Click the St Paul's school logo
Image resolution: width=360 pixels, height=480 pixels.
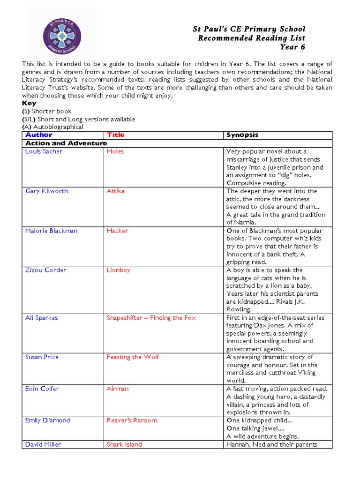[62, 36]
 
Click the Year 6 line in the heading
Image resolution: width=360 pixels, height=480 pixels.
[292, 47]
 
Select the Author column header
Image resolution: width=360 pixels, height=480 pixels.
[39, 135]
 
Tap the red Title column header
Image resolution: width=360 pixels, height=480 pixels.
[115, 135]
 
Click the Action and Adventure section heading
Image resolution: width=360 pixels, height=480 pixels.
[66, 143]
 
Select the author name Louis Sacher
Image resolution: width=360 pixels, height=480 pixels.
[44, 151]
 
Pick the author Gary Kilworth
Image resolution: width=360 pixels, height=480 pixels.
[46, 191]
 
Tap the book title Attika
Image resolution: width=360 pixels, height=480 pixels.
[115, 191]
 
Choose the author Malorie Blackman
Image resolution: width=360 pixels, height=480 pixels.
[51, 231]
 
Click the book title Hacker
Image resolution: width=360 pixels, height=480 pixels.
[117, 231]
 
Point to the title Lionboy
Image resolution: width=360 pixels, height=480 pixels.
[119, 270]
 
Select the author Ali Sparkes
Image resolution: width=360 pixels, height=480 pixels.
[41, 318]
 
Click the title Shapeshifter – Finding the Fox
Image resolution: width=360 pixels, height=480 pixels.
[151, 318]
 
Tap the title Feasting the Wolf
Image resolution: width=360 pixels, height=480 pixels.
[133, 357]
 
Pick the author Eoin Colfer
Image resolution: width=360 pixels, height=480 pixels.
[42, 389]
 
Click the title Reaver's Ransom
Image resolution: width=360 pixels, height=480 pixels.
[132, 420]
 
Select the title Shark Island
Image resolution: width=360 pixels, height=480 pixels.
[124, 444]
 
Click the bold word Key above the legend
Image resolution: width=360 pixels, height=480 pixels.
[29, 103]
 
